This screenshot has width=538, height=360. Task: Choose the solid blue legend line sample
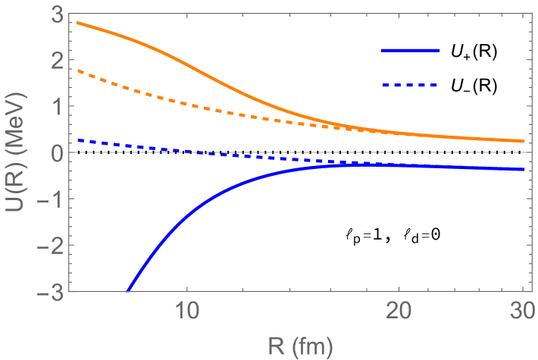coord(411,50)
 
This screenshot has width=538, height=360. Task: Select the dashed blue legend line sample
coord(411,86)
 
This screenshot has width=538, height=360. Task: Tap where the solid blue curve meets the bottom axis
coord(128,290)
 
